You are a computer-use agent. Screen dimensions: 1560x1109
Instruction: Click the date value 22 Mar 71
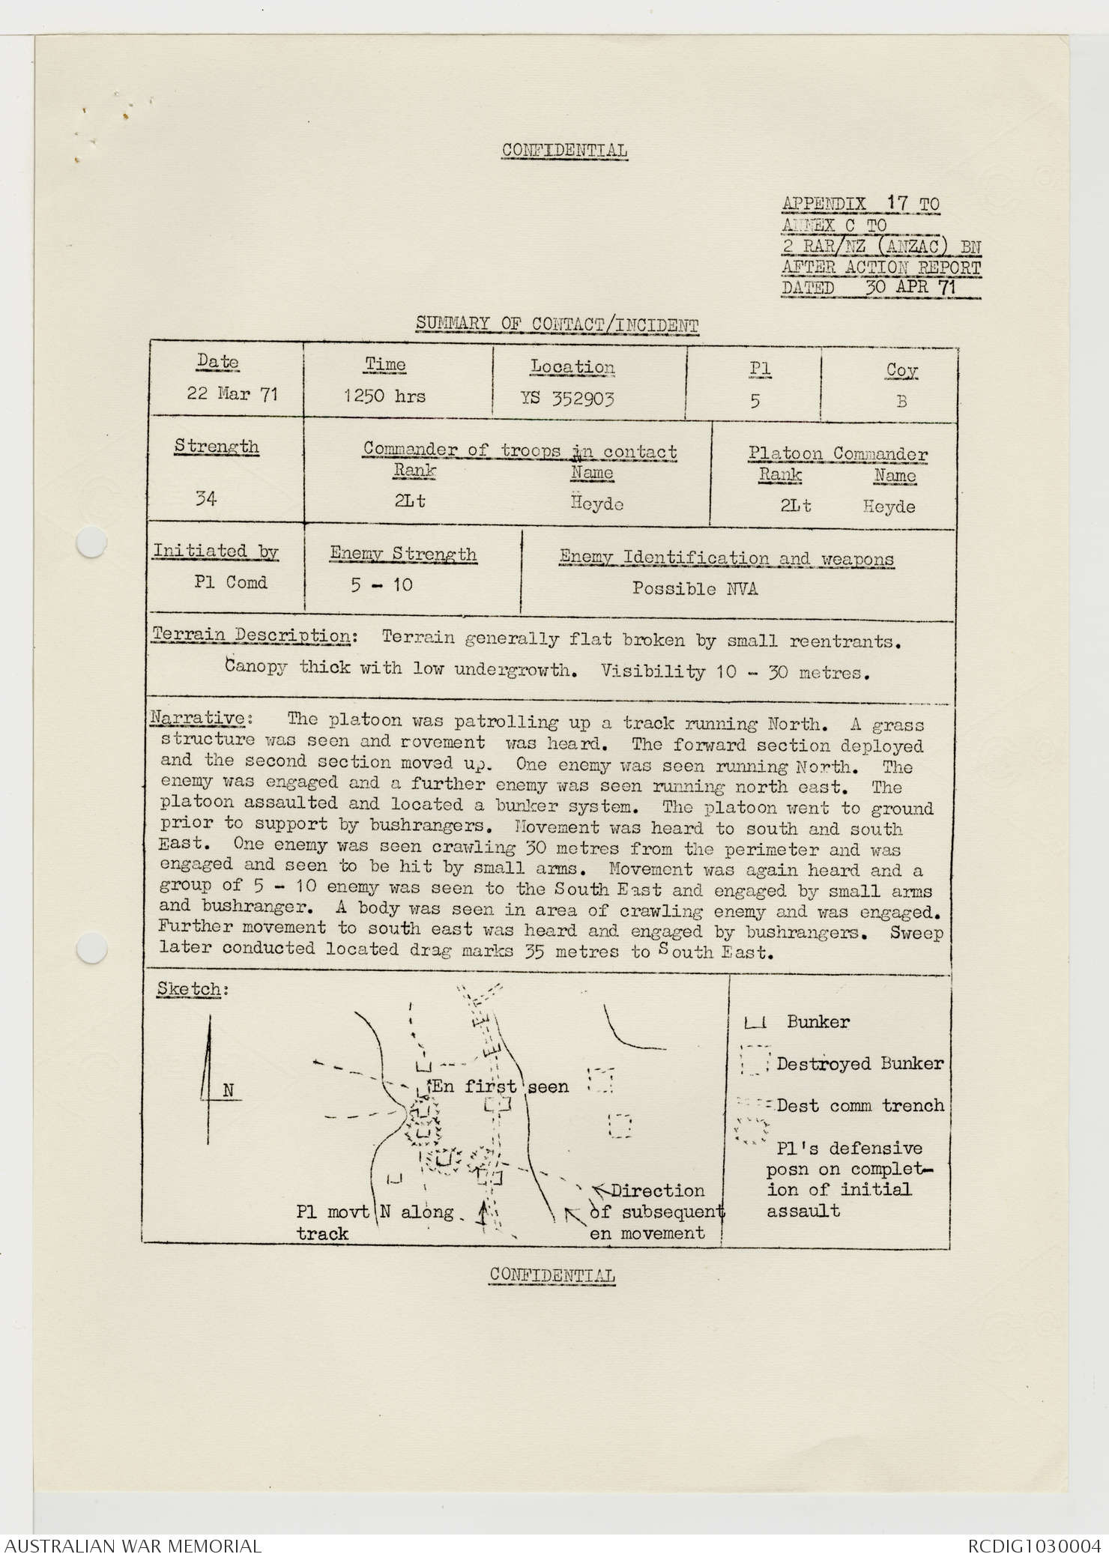(232, 394)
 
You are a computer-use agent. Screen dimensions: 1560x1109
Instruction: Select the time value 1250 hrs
(384, 396)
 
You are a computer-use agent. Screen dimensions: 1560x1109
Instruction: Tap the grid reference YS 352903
(567, 399)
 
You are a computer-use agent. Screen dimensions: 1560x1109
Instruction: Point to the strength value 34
(206, 498)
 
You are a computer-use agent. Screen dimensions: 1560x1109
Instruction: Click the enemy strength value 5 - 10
(381, 584)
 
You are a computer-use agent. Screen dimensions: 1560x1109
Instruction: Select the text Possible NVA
(695, 589)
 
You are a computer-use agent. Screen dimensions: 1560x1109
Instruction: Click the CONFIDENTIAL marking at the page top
(564, 150)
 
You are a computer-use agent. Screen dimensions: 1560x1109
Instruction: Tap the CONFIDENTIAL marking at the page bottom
(552, 1275)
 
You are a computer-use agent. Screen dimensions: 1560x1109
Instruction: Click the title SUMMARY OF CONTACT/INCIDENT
(557, 324)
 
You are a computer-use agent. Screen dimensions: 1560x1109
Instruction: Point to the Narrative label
(198, 718)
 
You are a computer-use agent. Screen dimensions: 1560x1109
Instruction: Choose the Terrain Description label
(252, 635)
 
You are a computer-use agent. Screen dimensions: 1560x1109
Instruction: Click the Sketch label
(189, 989)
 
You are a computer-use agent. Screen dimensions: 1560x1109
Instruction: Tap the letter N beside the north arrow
(229, 1091)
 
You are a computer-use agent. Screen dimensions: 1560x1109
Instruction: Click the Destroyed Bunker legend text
(859, 1063)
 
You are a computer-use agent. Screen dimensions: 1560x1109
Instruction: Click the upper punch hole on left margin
(91, 542)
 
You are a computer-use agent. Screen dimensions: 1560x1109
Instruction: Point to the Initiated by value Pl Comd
(230, 582)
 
